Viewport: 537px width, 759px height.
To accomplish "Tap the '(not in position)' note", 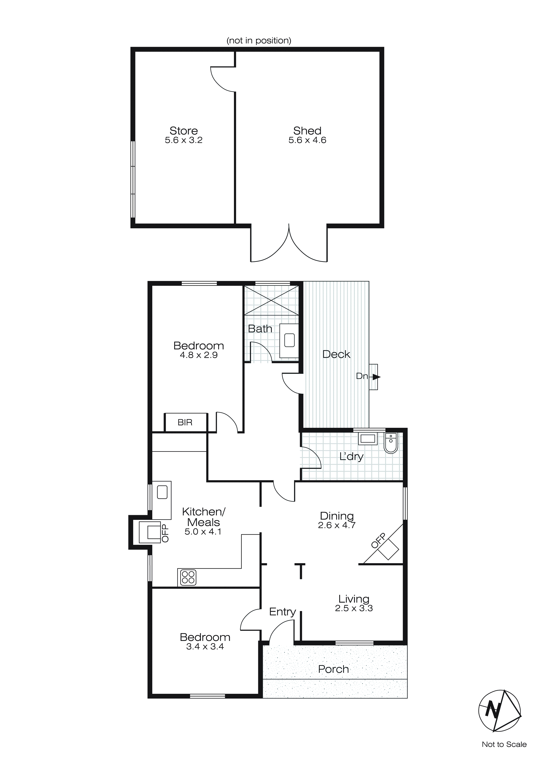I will [259, 41].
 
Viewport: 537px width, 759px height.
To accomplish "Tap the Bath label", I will [260, 329].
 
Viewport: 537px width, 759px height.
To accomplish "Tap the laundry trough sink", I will [368, 439].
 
